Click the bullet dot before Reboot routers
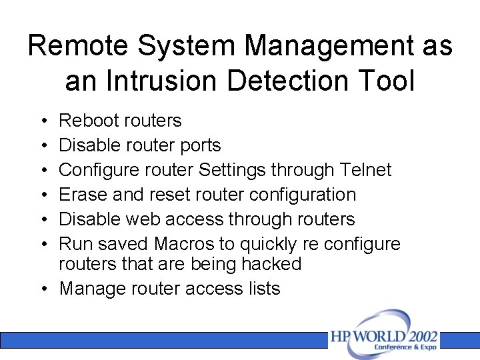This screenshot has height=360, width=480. click(42, 121)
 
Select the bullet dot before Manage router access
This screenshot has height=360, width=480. click(42, 289)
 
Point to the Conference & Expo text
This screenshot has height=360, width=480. click(405, 347)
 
